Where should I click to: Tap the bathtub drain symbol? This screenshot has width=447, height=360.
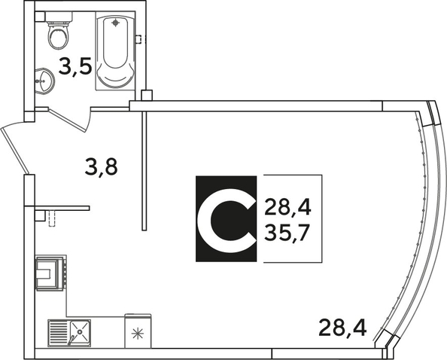coord(115,23)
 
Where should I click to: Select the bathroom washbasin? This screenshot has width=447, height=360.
coord(44,81)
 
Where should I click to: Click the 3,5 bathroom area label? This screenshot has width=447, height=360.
coord(75,66)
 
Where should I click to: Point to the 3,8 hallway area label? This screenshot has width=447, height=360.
coord(101,167)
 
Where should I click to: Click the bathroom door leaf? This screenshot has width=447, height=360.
coord(67,120)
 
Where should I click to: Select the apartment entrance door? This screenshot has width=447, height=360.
coord(14,151)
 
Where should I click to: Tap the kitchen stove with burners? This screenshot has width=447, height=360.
coord(50,273)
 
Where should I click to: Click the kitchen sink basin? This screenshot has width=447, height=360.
coord(80,332)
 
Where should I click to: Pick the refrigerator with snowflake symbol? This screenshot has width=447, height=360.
coord(138,331)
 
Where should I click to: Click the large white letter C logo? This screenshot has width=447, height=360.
coord(226,220)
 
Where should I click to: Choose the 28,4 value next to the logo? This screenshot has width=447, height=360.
coord(287,207)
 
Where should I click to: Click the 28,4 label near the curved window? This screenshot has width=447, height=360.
coord(342,328)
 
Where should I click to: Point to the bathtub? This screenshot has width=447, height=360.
coord(115,50)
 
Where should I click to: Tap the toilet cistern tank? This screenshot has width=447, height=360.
coord(59,17)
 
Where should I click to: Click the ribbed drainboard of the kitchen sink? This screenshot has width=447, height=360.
coord(59,333)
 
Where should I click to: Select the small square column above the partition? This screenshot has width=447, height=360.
coord(147,96)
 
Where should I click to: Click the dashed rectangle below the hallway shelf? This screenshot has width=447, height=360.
coord(52,218)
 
